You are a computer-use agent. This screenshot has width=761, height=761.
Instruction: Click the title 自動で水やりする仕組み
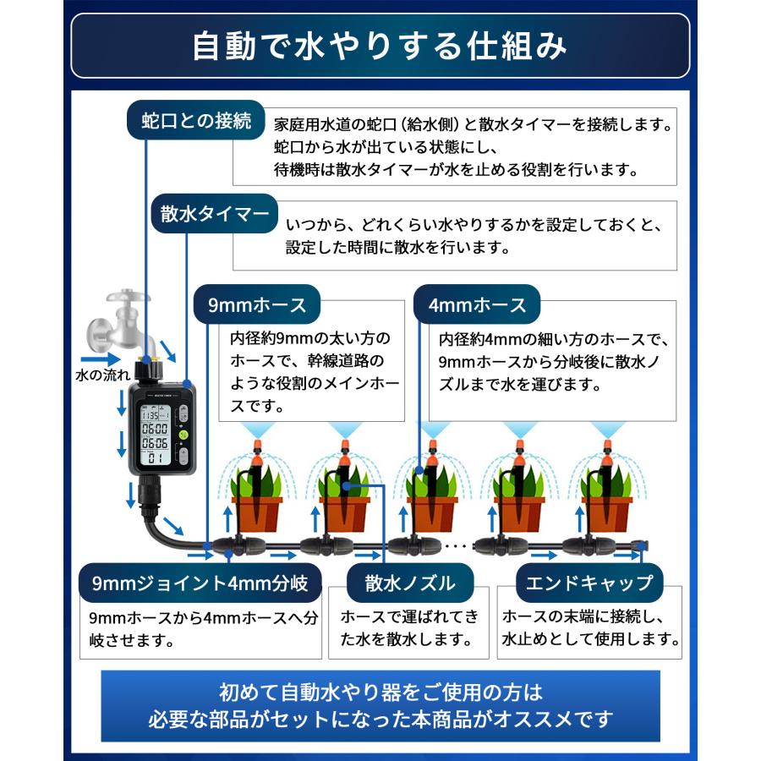click(x=380, y=47)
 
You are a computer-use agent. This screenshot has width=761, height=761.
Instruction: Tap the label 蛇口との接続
click(x=196, y=122)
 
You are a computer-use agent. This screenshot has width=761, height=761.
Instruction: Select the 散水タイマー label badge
click(x=215, y=214)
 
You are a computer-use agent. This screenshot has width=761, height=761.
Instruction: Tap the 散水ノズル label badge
click(x=410, y=583)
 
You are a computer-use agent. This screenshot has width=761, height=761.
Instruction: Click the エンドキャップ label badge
click(x=589, y=583)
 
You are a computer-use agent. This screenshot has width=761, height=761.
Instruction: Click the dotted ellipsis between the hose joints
click(x=456, y=545)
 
